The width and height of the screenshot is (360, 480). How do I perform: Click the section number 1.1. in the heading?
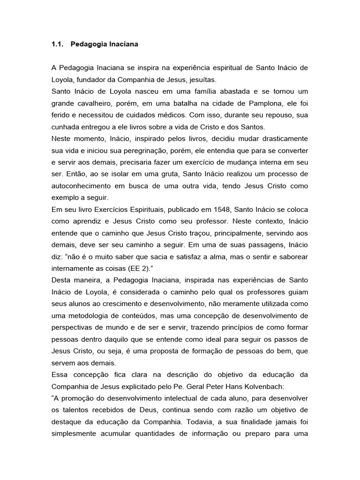pyautogui.click(x=57, y=45)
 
